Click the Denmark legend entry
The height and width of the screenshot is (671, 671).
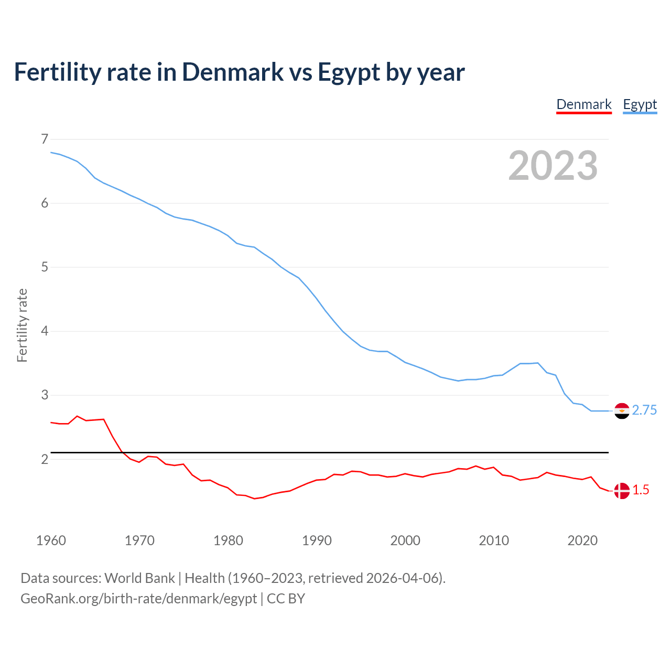[x=584, y=104]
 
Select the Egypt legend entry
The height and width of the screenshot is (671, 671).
[x=640, y=104]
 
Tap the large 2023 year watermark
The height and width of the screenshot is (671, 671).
[x=553, y=166]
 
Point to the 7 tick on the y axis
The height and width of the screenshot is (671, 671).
[x=45, y=139]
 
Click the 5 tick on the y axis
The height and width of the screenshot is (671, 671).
[x=45, y=267]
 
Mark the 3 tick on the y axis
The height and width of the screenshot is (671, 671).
[x=45, y=395]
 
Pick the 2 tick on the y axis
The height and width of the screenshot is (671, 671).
[x=45, y=459]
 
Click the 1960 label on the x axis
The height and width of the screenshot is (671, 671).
[x=51, y=540]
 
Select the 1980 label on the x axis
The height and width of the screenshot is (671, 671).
[x=228, y=540]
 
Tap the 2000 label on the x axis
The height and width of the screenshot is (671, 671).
[x=405, y=540]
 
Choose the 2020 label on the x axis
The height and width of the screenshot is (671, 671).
[x=582, y=540]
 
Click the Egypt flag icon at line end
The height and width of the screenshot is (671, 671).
[x=622, y=411]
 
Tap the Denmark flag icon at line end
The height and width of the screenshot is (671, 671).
[x=622, y=491]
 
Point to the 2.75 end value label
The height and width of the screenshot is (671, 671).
[x=644, y=410]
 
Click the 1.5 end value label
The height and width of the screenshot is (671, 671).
[x=641, y=490]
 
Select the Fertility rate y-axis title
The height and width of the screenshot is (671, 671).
[x=22, y=325]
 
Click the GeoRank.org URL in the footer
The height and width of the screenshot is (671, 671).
[x=138, y=599]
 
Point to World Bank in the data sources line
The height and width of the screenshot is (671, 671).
[x=139, y=578]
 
